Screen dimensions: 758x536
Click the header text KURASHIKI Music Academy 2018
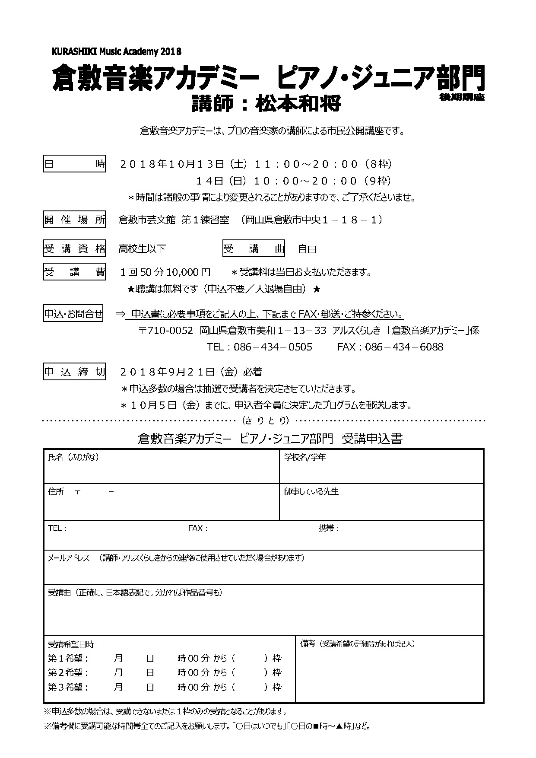[116, 51]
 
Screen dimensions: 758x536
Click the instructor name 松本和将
[299, 104]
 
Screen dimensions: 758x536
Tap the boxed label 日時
[74, 164]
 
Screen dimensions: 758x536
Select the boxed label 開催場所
[74, 220]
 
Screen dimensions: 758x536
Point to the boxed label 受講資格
[74, 249]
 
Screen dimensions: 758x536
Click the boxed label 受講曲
[254, 249]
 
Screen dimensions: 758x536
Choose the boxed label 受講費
[74, 272]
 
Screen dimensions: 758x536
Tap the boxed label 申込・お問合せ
[74, 314]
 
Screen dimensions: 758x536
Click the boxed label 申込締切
[74, 372]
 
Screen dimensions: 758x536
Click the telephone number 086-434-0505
[273, 347]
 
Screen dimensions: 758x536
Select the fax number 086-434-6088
[404, 347]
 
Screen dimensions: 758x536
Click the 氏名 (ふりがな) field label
[73, 457]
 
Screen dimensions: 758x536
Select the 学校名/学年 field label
[305, 457]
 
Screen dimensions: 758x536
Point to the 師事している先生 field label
[311, 491]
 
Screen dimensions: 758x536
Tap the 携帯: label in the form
[329, 528]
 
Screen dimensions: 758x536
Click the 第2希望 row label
[68, 672]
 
